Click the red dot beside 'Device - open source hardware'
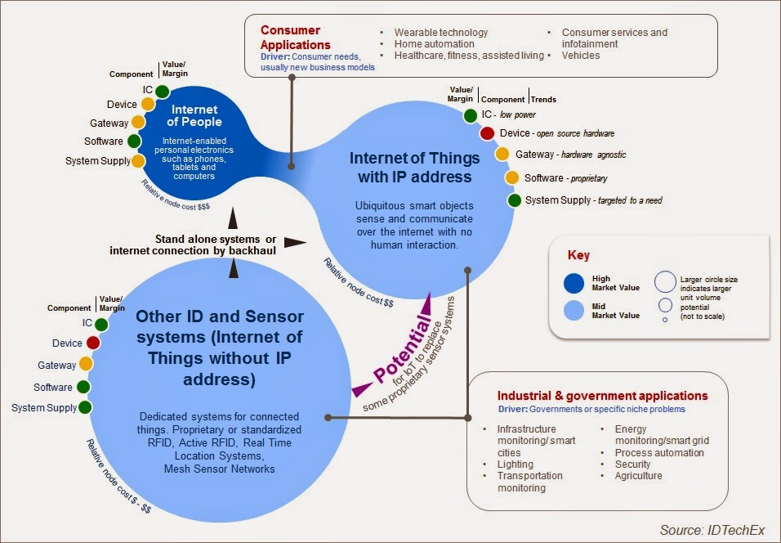click(x=488, y=133)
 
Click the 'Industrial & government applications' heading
click(x=603, y=397)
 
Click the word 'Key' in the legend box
click(x=578, y=255)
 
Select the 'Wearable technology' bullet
click(x=440, y=33)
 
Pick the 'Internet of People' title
click(x=194, y=115)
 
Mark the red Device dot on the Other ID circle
click(x=93, y=343)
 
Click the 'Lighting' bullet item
click(x=516, y=464)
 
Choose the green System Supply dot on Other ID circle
click(x=85, y=407)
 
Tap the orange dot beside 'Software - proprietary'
click(x=512, y=177)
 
